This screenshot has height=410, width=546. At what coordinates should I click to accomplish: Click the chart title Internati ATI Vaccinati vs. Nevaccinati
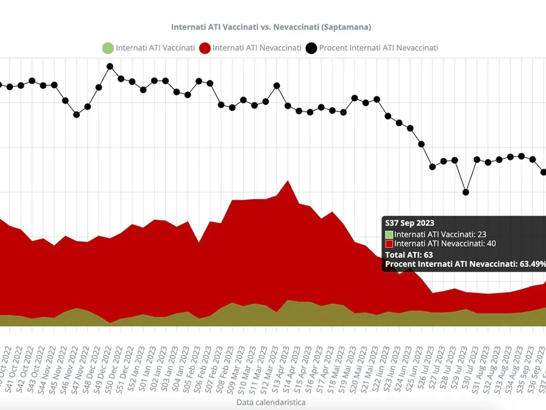pyautogui.click(x=271, y=27)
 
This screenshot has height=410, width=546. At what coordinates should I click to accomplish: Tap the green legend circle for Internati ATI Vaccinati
pyautogui.click(x=107, y=48)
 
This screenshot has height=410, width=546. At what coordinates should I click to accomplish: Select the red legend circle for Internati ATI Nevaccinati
pyautogui.click(x=205, y=48)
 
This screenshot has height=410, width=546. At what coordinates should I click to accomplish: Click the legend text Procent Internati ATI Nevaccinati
pyautogui.click(x=379, y=48)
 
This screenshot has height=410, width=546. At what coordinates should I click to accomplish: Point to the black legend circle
pyautogui.click(x=312, y=48)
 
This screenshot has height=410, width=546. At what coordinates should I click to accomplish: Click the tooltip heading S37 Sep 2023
pyautogui.click(x=409, y=223)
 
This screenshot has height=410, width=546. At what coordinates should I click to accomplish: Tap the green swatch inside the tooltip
pyautogui.click(x=389, y=235)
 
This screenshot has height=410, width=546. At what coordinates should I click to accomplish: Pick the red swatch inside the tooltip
pyautogui.click(x=389, y=244)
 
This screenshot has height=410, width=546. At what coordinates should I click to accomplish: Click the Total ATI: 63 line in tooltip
pyautogui.click(x=409, y=255)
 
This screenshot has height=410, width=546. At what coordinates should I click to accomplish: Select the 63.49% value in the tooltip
pyautogui.click(x=532, y=264)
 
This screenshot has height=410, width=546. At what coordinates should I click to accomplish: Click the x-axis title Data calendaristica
pyautogui.click(x=271, y=402)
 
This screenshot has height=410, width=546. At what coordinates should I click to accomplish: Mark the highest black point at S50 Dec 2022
pyautogui.click(x=110, y=66)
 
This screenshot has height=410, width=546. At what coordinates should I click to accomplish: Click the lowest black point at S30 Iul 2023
pyautogui.click(x=465, y=192)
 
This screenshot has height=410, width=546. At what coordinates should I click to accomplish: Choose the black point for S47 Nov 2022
pyautogui.click(x=76, y=114)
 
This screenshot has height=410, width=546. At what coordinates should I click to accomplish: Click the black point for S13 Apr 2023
pyautogui.click(x=277, y=86)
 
